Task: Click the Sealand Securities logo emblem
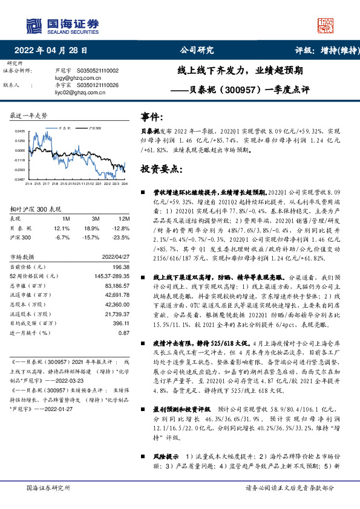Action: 34,25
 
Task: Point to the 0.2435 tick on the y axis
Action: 20,131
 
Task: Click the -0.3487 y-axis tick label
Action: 20,180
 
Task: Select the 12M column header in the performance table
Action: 125,218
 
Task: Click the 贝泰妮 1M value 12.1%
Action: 62,228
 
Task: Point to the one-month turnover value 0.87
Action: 124,332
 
